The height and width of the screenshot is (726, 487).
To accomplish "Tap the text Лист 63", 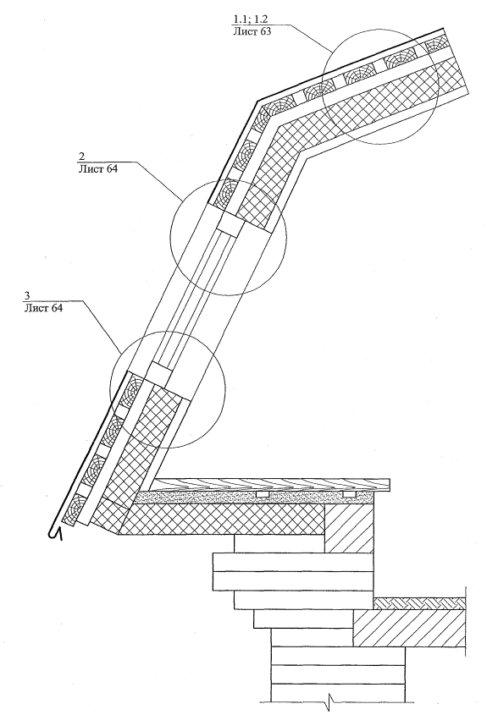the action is (251, 31).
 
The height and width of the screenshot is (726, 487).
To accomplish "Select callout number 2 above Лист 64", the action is (82, 157).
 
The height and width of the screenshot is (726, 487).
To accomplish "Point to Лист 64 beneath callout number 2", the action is (98, 168).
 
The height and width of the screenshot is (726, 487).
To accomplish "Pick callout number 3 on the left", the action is (27, 296).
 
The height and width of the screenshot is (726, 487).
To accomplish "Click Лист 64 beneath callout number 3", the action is (42, 307).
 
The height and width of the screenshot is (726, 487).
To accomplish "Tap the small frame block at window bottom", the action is (160, 374).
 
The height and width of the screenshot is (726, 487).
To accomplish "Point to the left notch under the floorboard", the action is (263, 494).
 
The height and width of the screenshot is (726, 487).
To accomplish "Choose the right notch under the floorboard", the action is (350, 494).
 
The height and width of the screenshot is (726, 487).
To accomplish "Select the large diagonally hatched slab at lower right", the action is (409, 628).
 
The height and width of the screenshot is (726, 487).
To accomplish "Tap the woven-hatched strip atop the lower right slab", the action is (419, 603).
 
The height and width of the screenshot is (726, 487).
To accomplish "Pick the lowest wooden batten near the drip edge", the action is (72, 509).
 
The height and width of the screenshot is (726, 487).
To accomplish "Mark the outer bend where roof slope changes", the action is (257, 100).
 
